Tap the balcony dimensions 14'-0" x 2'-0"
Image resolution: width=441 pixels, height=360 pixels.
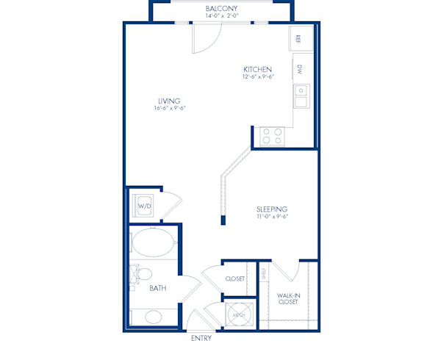(220, 16)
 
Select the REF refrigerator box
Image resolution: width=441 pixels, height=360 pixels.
(299, 39)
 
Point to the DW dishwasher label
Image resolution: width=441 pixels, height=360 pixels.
(300, 70)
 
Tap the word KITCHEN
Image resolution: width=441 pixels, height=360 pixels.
(259, 68)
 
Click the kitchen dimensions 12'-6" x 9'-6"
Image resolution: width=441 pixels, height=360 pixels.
(259, 76)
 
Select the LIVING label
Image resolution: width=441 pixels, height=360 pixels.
(169, 101)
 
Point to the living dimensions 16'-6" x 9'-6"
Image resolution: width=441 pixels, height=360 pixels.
(169, 109)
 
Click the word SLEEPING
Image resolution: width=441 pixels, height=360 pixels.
(271, 209)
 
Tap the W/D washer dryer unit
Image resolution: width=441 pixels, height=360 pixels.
(144, 206)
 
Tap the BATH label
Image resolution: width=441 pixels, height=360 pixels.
(157, 289)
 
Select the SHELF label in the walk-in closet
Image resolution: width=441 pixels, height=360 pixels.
(265, 274)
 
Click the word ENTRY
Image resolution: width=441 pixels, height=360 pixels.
(201, 339)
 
